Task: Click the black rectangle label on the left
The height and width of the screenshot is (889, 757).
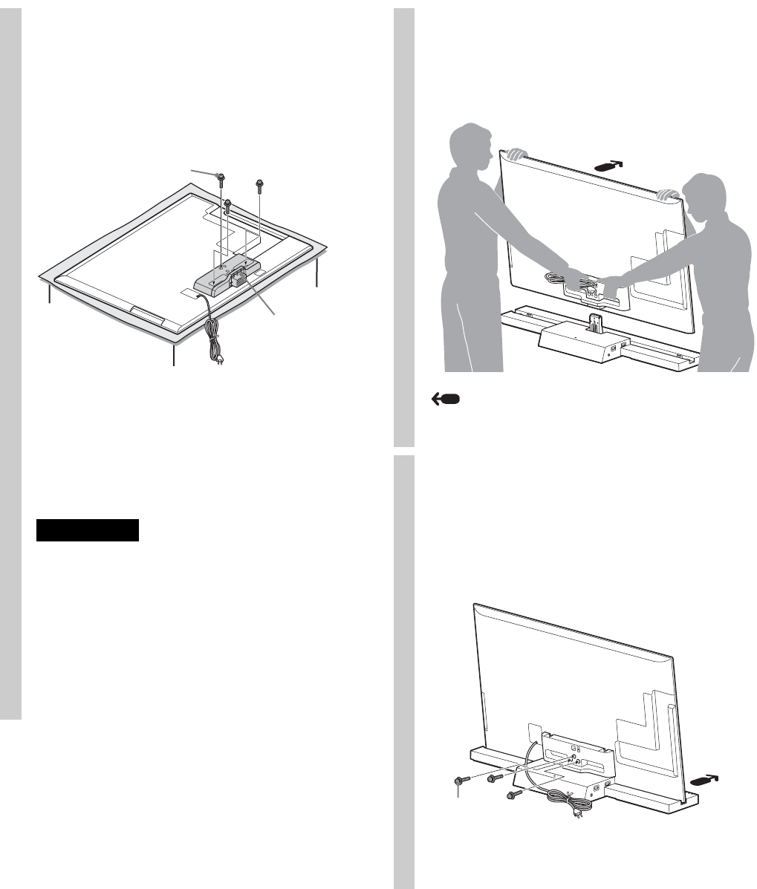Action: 88,530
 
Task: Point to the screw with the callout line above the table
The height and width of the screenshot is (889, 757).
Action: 221,176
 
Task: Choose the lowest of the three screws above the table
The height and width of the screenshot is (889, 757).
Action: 227,201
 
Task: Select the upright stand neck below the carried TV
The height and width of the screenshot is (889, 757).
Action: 594,324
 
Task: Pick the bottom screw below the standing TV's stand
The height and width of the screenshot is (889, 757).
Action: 510,795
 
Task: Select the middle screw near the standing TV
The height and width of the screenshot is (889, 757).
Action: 491,778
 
